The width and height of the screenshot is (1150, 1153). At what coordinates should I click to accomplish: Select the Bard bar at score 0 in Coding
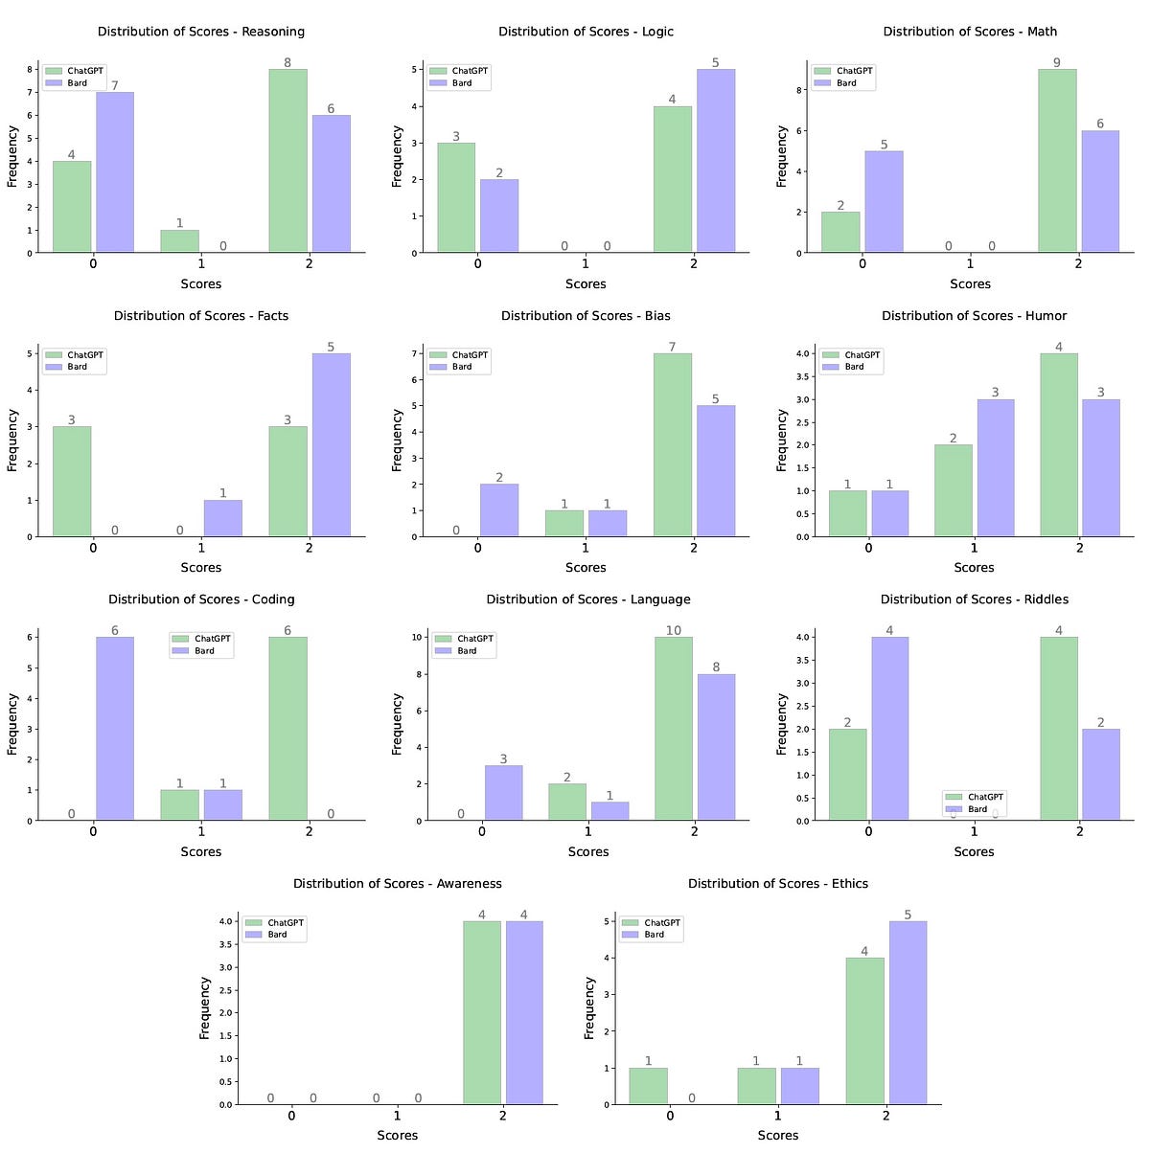click(x=114, y=729)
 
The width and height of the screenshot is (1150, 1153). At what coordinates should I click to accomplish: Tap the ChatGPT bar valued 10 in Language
click(x=674, y=729)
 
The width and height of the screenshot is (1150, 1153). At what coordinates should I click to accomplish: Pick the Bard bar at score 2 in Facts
click(x=331, y=445)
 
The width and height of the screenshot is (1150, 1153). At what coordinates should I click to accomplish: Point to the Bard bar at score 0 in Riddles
click(x=888, y=729)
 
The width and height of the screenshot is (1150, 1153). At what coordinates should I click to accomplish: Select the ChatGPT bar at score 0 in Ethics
click(x=648, y=1086)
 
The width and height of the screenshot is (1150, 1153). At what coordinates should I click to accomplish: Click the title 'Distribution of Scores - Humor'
click(x=974, y=315)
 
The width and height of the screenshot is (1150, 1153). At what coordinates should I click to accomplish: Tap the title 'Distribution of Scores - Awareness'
click(x=397, y=883)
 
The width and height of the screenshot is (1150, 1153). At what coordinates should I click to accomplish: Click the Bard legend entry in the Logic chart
click(x=462, y=83)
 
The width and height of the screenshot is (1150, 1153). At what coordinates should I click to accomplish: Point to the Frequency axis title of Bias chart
click(x=398, y=441)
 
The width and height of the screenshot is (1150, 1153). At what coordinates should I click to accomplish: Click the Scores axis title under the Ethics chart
click(x=777, y=1135)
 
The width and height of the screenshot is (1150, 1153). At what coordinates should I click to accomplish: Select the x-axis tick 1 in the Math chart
click(x=970, y=263)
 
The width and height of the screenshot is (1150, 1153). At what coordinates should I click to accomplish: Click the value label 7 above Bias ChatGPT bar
click(x=673, y=347)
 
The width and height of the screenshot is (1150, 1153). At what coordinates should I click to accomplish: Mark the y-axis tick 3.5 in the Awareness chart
click(x=222, y=944)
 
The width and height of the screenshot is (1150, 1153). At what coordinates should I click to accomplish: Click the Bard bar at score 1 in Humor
click(x=995, y=468)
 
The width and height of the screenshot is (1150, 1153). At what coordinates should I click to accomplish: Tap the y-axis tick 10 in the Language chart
click(x=413, y=637)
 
